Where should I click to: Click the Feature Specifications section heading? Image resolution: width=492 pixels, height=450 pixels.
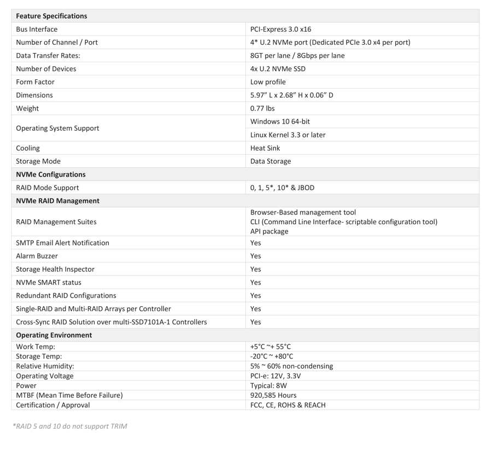coord(51,16)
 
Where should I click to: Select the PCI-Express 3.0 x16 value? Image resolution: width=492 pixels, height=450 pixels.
coord(280,30)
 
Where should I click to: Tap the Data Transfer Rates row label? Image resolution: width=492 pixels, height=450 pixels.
coord(48,56)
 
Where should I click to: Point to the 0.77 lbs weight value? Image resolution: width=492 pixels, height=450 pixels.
coord(262,108)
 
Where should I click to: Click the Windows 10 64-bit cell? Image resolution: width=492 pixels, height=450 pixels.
coord(280,121)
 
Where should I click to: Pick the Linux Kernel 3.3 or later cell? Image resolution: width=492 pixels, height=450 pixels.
coord(288,135)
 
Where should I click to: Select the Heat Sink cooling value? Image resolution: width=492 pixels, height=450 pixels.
coord(265,148)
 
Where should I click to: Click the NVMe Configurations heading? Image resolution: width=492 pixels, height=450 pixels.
coord(51,174)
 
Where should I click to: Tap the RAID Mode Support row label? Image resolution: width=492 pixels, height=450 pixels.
coord(47,188)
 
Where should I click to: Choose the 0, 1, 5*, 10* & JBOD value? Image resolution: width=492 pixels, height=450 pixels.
coord(282,188)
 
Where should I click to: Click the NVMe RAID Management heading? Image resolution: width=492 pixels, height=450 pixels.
coord(57,201)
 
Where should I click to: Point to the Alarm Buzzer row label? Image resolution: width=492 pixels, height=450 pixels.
coord(37,256)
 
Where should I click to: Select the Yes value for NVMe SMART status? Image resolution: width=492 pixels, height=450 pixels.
coord(256,283)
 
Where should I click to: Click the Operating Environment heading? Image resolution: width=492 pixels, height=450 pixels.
coord(54,335)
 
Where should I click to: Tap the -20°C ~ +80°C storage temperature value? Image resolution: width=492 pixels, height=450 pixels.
coord(272,357)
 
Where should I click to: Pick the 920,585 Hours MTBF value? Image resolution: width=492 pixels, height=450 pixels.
coord(273,395)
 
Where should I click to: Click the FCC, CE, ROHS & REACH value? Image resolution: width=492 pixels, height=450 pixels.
coord(288,405)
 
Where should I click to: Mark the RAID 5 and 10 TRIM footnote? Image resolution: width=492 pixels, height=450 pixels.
coord(69,426)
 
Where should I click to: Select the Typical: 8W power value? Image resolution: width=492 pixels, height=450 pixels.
coord(268,385)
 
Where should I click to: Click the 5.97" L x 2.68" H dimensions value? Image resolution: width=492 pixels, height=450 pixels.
coord(291,95)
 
